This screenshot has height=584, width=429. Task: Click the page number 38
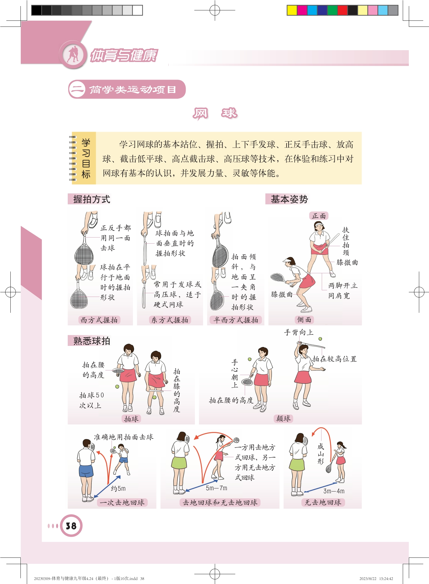71,526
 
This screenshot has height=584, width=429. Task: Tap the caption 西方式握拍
99,320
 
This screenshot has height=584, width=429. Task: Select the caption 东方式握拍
170,320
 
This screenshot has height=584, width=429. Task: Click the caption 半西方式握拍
236,320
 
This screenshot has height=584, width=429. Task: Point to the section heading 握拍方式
92,199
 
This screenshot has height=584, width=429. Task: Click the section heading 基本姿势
289,199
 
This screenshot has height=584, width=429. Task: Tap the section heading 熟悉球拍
92,341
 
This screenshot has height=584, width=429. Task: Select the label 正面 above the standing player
319,216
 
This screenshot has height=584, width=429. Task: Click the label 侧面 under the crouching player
304,320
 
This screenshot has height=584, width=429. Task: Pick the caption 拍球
131,419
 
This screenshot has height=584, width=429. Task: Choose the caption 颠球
283,418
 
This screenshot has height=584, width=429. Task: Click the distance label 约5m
118,488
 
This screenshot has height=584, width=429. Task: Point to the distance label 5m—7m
217,488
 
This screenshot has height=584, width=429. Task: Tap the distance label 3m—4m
334,491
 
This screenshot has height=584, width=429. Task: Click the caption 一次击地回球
122,502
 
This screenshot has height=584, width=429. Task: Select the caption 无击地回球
323,502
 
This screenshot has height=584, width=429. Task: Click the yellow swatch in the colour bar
292,10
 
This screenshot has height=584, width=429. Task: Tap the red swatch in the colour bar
342,10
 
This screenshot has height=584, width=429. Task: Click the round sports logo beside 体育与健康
73,54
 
